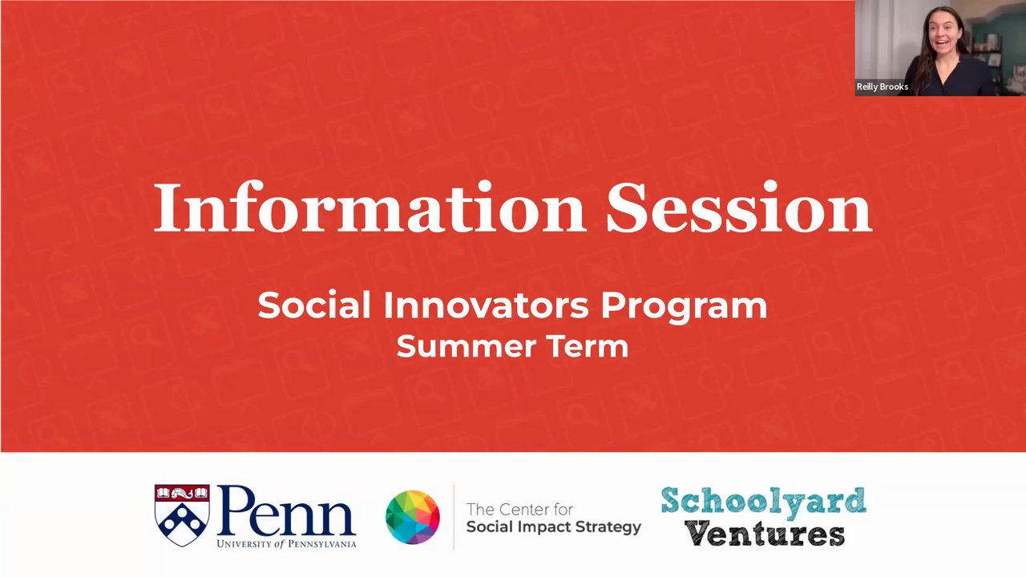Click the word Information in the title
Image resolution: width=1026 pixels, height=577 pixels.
tap(370, 208)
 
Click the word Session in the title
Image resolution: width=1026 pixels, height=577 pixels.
tap(739, 208)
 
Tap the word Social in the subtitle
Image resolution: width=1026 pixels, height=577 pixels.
tap(314, 305)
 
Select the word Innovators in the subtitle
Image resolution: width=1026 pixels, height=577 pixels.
tap(486, 305)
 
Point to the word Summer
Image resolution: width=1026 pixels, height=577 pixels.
tap(467, 346)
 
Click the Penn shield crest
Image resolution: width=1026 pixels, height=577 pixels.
tap(182, 515)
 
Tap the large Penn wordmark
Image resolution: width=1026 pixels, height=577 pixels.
tap(286, 511)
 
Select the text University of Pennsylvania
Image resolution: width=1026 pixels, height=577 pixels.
tap(286, 543)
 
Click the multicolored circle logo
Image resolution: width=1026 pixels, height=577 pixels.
tap(413, 517)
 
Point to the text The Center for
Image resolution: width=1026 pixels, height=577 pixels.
tap(520, 509)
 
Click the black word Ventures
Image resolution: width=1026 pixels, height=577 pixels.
tap(765, 534)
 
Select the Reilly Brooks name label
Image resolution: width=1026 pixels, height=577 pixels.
tap(883, 87)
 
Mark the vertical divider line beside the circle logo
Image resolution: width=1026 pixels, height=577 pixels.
tap(454, 517)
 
